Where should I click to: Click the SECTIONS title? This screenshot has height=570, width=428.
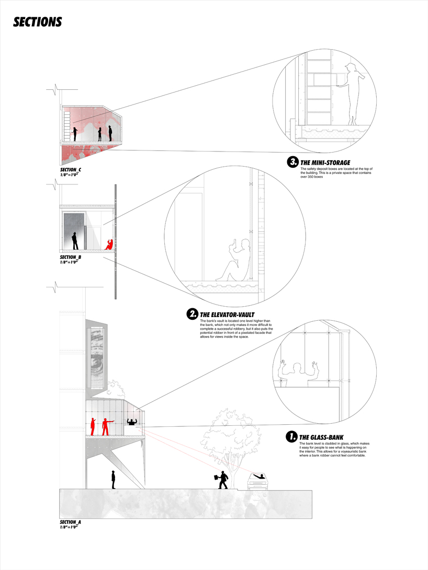38,22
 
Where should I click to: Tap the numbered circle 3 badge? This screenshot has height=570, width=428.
292,162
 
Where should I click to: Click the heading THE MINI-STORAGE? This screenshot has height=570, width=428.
325,162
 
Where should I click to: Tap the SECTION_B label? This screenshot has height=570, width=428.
71,257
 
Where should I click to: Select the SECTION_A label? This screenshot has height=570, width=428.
71,522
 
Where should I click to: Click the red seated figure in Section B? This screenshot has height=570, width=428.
109,244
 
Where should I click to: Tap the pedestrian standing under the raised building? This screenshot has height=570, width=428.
113,479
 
